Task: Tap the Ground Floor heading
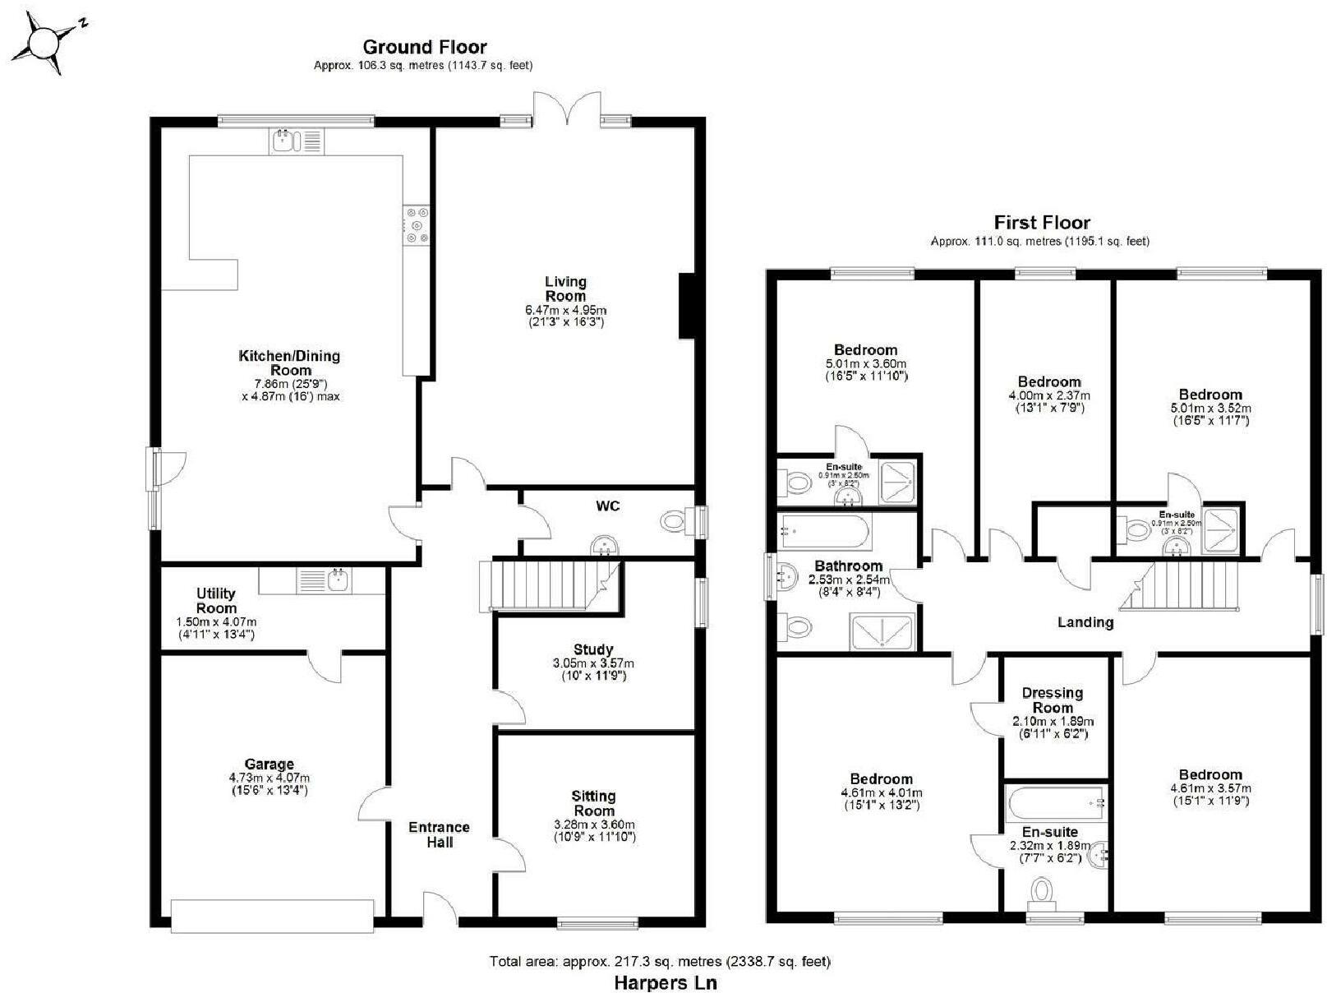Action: click(424, 47)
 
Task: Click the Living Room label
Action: click(565, 289)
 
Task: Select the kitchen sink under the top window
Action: click(296, 141)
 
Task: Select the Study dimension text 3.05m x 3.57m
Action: click(592, 663)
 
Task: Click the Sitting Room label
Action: click(593, 803)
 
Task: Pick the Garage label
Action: click(269, 764)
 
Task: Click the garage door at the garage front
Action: click(272, 915)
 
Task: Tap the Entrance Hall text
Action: click(439, 834)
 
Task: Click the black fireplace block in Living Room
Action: click(687, 306)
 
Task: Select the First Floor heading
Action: click(1041, 222)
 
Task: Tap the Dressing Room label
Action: click(1052, 700)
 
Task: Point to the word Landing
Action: click(1085, 622)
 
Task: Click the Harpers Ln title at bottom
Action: click(666, 982)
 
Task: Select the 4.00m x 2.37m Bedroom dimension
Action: click(1049, 395)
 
